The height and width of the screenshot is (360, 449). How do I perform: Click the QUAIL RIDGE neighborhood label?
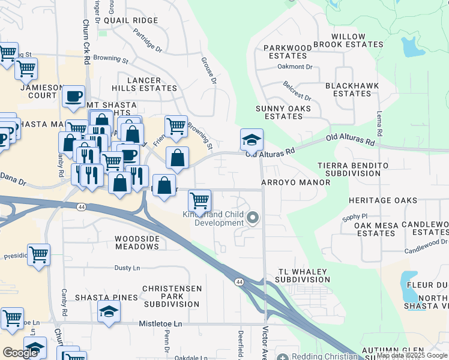(x=130, y=20)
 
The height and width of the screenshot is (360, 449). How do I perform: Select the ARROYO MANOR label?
(x=295, y=182)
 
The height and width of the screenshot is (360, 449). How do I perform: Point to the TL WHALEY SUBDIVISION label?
(x=303, y=276)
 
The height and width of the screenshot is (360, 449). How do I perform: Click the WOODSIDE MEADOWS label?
(x=136, y=243)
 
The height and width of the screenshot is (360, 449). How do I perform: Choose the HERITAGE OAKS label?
(x=382, y=200)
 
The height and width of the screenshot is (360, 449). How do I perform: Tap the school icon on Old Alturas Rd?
(x=252, y=140)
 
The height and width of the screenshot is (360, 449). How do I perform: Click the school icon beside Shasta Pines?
(x=108, y=311)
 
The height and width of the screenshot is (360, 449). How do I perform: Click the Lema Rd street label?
(x=379, y=123)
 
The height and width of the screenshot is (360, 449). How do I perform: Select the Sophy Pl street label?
(x=354, y=216)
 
